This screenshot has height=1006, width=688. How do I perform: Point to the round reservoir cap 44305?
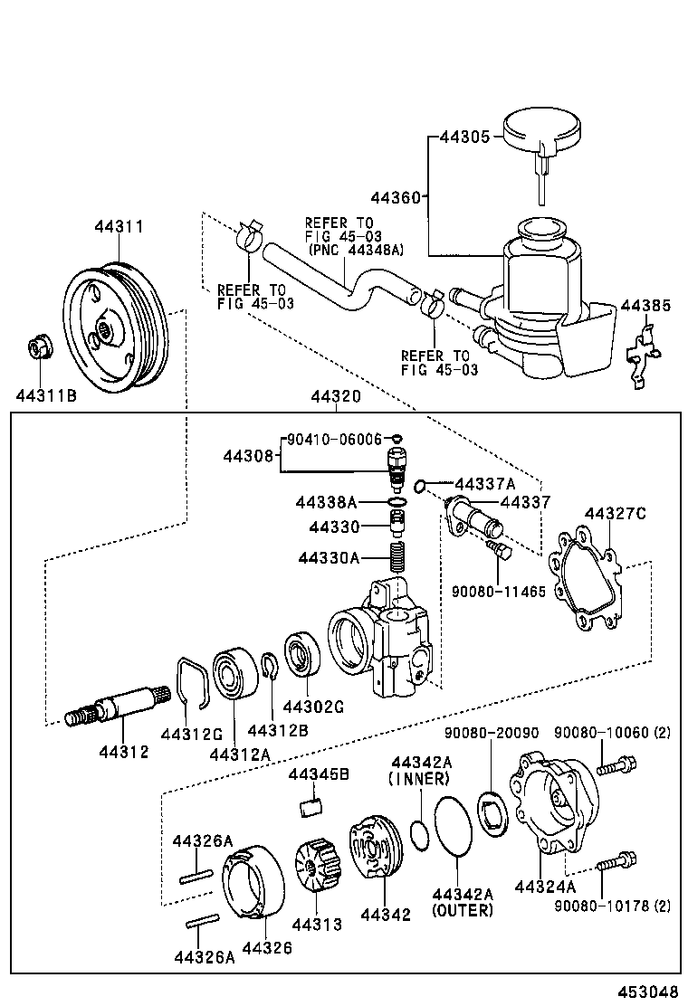coord(542,133)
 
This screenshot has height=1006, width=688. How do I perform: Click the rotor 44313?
coord(317,867)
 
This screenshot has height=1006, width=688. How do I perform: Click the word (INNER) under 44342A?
coord(418,778)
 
